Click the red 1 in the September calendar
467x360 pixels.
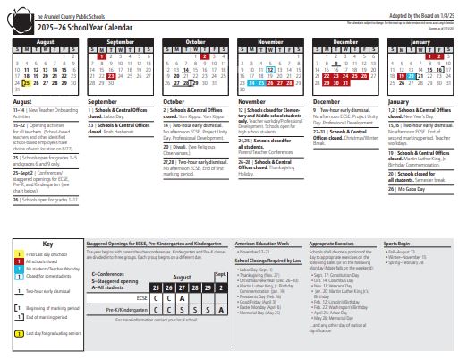pos(103,56)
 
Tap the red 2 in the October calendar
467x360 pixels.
pos(205,56)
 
